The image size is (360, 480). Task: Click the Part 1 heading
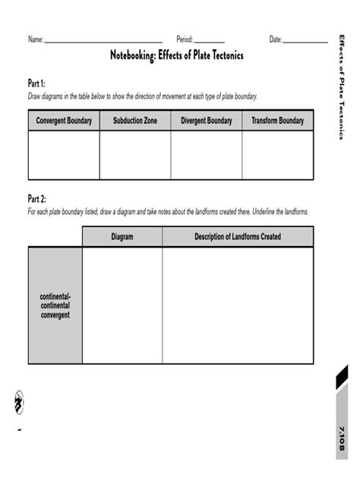click(x=37, y=84)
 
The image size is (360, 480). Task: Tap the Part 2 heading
click(x=37, y=199)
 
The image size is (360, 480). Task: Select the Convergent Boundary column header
click(x=64, y=121)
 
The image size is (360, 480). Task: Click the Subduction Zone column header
click(x=135, y=121)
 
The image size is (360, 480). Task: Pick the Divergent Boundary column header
click(x=207, y=121)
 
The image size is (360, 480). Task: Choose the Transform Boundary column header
click(x=277, y=121)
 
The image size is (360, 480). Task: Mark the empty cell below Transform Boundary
click(x=277, y=155)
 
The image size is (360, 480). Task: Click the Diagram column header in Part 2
click(x=122, y=237)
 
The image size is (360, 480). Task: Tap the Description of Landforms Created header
click(x=238, y=237)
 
